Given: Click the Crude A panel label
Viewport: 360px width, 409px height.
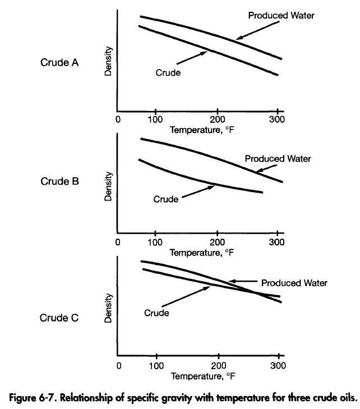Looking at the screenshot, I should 59,63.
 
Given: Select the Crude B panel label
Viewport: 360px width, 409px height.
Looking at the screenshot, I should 59,182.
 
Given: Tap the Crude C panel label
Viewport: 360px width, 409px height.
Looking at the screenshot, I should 59,318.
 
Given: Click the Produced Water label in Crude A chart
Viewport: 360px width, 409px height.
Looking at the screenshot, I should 281,16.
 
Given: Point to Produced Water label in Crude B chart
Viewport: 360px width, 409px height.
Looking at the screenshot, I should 278,159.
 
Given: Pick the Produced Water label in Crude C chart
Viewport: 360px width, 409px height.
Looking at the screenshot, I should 294,283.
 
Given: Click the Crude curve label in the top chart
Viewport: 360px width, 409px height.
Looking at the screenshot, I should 168,73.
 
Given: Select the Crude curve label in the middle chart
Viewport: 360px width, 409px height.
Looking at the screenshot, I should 165,199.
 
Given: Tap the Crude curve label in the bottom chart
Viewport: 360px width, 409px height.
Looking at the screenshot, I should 156,313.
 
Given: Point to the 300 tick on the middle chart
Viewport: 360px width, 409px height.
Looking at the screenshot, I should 275,243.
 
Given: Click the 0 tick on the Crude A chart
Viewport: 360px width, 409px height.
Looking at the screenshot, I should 118,119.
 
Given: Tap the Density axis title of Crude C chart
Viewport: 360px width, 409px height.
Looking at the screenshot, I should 109,308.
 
